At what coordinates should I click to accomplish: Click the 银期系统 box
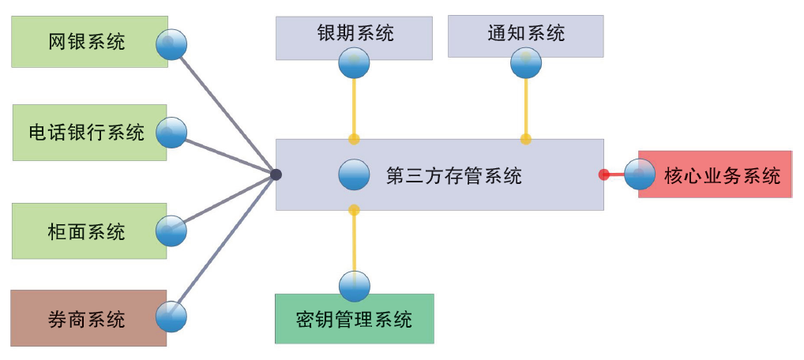click(x=354, y=34)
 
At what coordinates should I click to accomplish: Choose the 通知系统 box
click(x=525, y=33)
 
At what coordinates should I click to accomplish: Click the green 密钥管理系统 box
click(x=354, y=319)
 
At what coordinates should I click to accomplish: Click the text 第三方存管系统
click(x=453, y=175)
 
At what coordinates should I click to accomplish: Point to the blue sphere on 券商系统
click(x=171, y=317)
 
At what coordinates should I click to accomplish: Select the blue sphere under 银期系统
click(x=354, y=62)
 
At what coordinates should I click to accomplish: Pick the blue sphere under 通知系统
click(x=526, y=62)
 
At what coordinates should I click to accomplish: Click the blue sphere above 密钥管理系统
click(x=354, y=286)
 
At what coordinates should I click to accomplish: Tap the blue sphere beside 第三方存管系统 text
click(x=354, y=174)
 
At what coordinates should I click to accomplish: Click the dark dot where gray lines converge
click(x=276, y=174)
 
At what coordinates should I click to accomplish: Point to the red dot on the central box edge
click(x=604, y=174)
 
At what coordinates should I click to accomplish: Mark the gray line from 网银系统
click(x=225, y=111)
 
